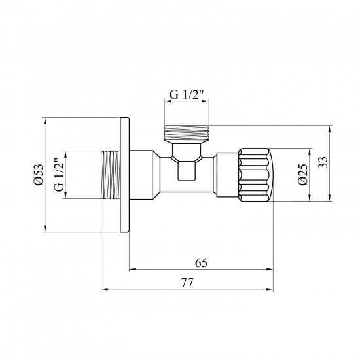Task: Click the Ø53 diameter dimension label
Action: coord(38,175)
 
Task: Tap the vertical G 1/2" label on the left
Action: coord(59,175)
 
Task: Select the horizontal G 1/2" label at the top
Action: coord(187,94)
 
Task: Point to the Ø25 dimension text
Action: coord(302,174)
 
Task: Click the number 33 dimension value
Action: coord(323,162)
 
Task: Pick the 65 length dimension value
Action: coord(201,263)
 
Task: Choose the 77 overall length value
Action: coord(187,283)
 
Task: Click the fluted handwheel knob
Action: coord(253,175)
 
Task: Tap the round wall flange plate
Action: coord(124,175)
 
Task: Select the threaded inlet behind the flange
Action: coord(111,175)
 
